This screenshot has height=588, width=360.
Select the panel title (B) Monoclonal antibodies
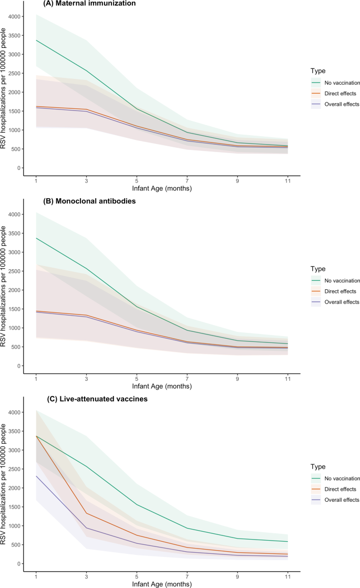pyautogui.click(x=91, y=201)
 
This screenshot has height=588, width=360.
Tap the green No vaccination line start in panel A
pyautogui.click(x=36, y=40)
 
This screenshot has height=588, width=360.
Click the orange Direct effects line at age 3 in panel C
pyautogui.click(x=86, y=513)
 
